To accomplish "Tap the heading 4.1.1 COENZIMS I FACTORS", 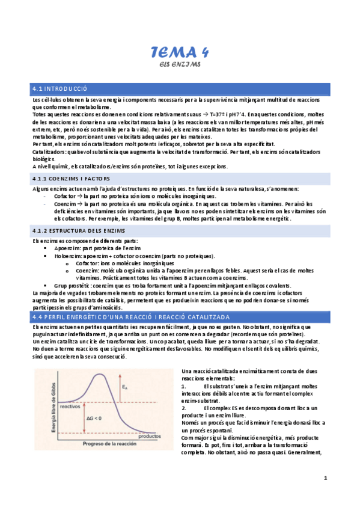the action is click(x=72, y=179).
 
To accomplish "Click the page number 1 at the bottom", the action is click(x=325, y=478).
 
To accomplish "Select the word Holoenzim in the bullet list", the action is click(x=67, y=255).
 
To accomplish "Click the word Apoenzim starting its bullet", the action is click(x=66, y=248).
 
